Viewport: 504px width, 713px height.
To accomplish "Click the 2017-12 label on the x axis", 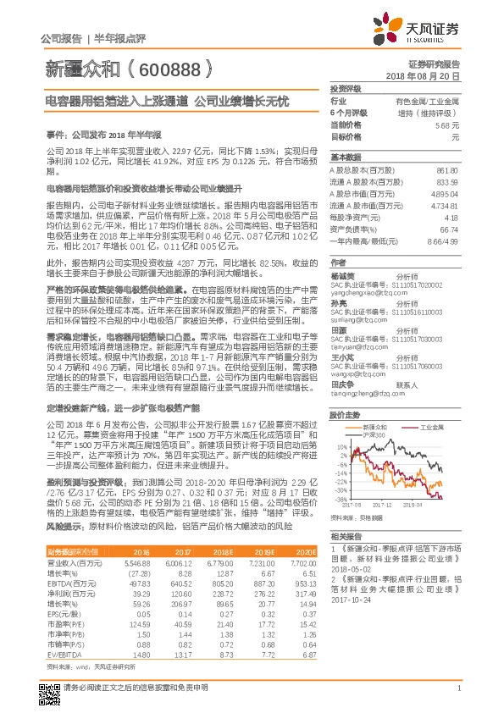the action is click(382, 504).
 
